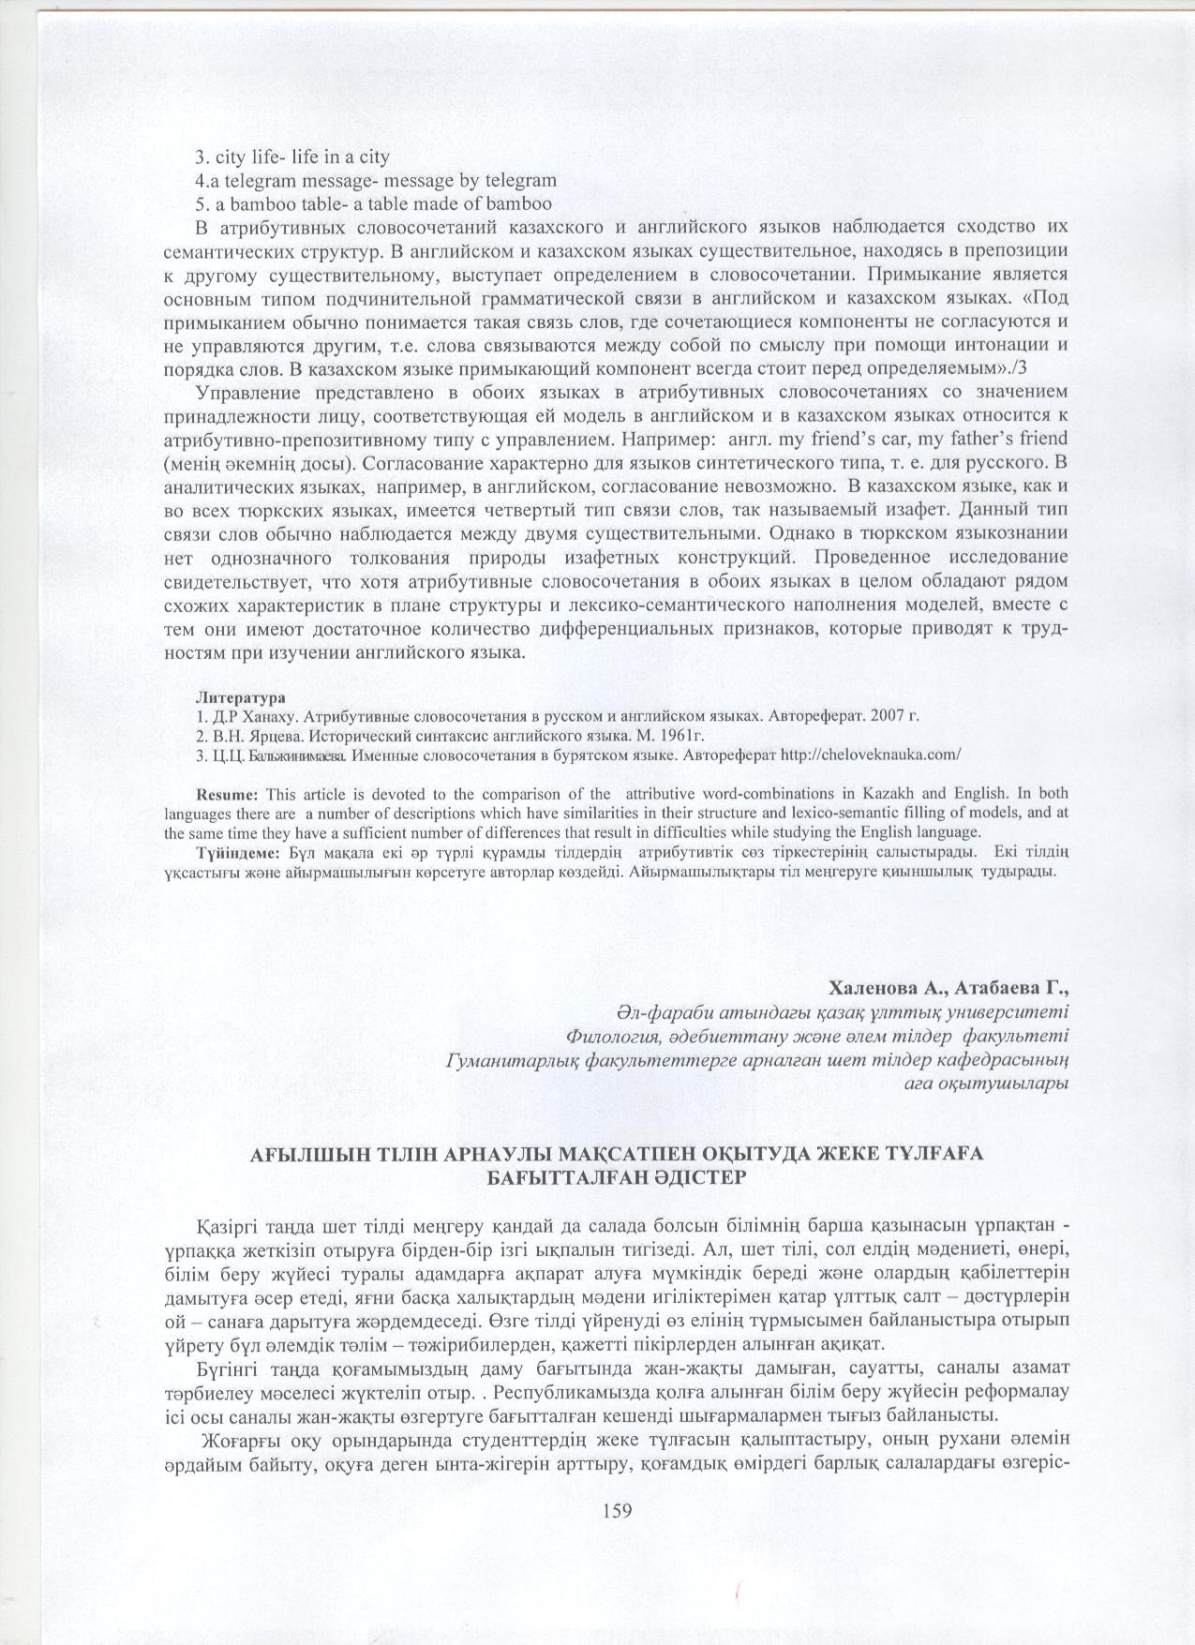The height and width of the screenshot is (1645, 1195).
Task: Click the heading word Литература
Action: [x=239, y=698]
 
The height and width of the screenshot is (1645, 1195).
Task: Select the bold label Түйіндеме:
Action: [x=239, y=852]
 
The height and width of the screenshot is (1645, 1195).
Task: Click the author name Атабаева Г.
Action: [x=1012, y=989]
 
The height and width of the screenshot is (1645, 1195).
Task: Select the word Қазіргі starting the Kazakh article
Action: [x=227, y=1228]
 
